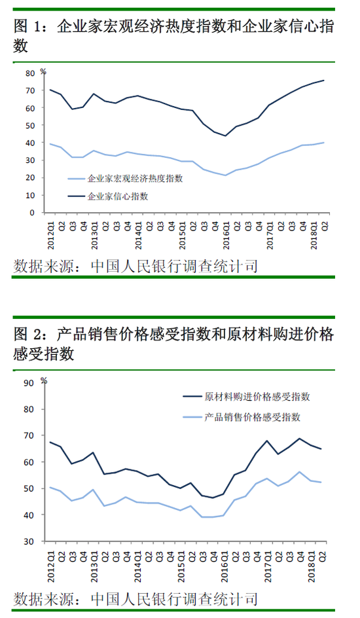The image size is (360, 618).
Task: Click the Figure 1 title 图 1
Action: [27, 27]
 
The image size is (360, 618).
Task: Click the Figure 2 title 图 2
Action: [27, 335]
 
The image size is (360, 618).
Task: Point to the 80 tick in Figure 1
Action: [30, 73]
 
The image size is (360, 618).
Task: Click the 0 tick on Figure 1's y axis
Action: [32, 213]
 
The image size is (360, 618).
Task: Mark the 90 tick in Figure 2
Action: [29, 383]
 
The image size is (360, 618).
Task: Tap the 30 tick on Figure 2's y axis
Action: [29, 541]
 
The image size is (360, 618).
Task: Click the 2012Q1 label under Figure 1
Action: [51, 235]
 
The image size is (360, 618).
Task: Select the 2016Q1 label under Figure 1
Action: [226, 235]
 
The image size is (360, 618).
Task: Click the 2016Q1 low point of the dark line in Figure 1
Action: [225, 136]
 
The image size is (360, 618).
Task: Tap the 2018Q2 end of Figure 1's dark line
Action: [324, 81]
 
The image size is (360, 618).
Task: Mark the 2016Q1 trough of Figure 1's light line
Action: [225, 175]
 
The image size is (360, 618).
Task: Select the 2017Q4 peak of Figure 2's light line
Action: [299, 472]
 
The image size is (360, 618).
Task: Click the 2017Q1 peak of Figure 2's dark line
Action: [267, 441]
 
